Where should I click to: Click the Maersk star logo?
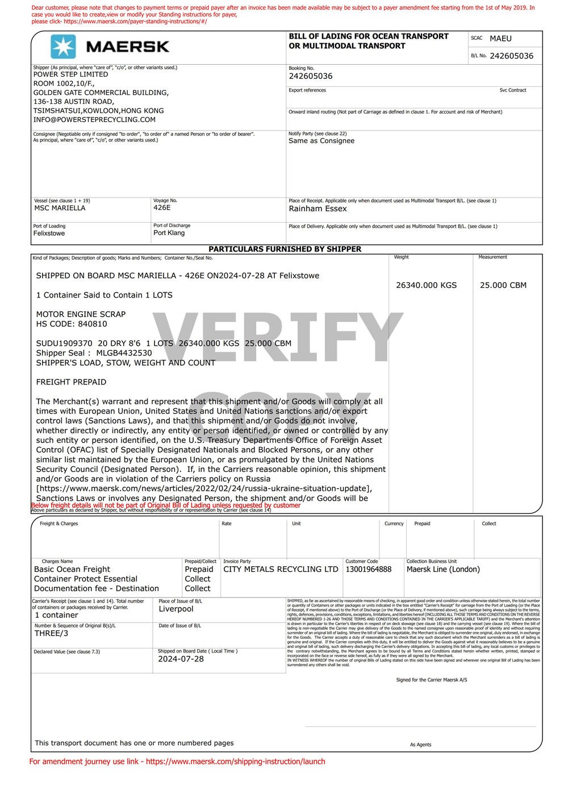[62, 47]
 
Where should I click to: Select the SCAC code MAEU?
[500, 39]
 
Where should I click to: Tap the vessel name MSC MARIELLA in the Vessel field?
[60, 208]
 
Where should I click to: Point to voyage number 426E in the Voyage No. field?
[162, 208]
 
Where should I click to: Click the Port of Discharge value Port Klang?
[169, 233]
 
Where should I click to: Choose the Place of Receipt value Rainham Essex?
[318, 208]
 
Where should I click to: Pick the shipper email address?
[94, 120]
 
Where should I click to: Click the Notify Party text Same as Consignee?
[321, 141]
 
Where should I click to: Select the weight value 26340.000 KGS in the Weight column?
[426, 285]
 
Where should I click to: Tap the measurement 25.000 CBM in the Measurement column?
[503, 285]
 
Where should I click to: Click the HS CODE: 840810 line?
[72, 324]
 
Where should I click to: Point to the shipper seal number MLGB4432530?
[124, 353]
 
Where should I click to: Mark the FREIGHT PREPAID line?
[71, 382]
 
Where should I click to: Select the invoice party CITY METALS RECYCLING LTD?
[281, 569]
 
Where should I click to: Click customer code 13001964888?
[368, 569]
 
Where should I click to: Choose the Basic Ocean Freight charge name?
[72, 569]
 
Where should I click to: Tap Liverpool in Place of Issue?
[176, 609]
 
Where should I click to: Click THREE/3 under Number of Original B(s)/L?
[51, 633]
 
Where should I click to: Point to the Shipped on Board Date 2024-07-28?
[181, 659]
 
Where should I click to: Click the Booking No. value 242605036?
[311, 76]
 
